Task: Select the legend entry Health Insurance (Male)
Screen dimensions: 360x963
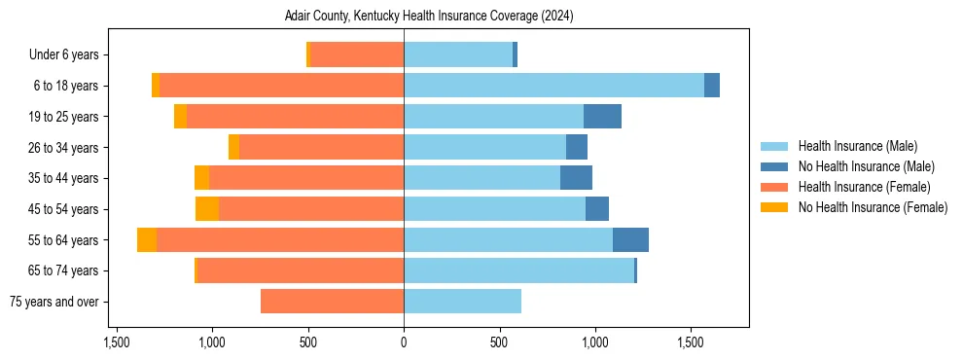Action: [857, 146]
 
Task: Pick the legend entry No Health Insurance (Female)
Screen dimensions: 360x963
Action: [873, 207]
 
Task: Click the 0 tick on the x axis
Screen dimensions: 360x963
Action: [404, 342]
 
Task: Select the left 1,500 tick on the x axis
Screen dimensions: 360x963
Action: [117, 342]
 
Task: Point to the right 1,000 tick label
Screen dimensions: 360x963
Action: [595, 342]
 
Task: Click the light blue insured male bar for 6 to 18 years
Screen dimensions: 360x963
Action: [553, 86]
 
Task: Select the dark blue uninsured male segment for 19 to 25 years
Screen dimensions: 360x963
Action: [602, 117]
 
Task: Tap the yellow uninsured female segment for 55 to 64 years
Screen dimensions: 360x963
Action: [147, 240]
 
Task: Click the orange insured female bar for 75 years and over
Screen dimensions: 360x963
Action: [332, 302]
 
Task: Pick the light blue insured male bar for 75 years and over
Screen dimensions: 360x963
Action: [462, 302]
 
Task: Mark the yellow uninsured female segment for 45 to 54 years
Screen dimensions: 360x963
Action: [207, 209]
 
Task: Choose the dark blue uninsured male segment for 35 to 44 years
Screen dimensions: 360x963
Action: [576, 178]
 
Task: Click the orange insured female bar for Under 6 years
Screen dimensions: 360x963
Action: [356, 55]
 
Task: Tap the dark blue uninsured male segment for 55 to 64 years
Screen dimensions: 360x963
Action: [630, 240]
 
